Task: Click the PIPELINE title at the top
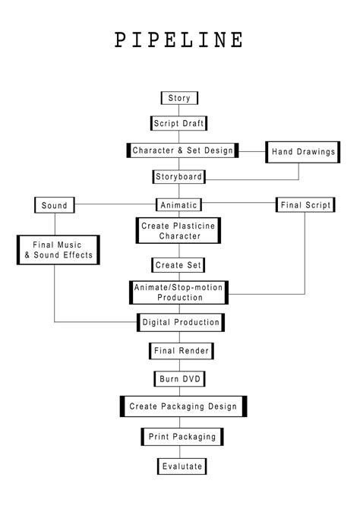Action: tap(180, 40)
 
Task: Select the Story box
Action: tap(180, 98)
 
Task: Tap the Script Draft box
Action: tap(180, 123)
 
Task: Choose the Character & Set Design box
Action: tap(182, 150)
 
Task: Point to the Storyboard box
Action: tap(179, 177)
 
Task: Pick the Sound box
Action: tap(55, 205)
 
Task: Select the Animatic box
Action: tap(179, 205)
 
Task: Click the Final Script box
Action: tap(304, 205)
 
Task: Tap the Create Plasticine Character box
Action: tap(179, 231)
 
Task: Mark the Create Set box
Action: tap(179, 265)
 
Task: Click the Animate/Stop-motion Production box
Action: tap(179, 292)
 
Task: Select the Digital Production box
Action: tap(181, 323)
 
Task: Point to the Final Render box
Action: tap(180, 351)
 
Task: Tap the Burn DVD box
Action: tap(179, 378)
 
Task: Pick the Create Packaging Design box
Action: tap(182, 406)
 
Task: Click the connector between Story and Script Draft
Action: tap(180, 110)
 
